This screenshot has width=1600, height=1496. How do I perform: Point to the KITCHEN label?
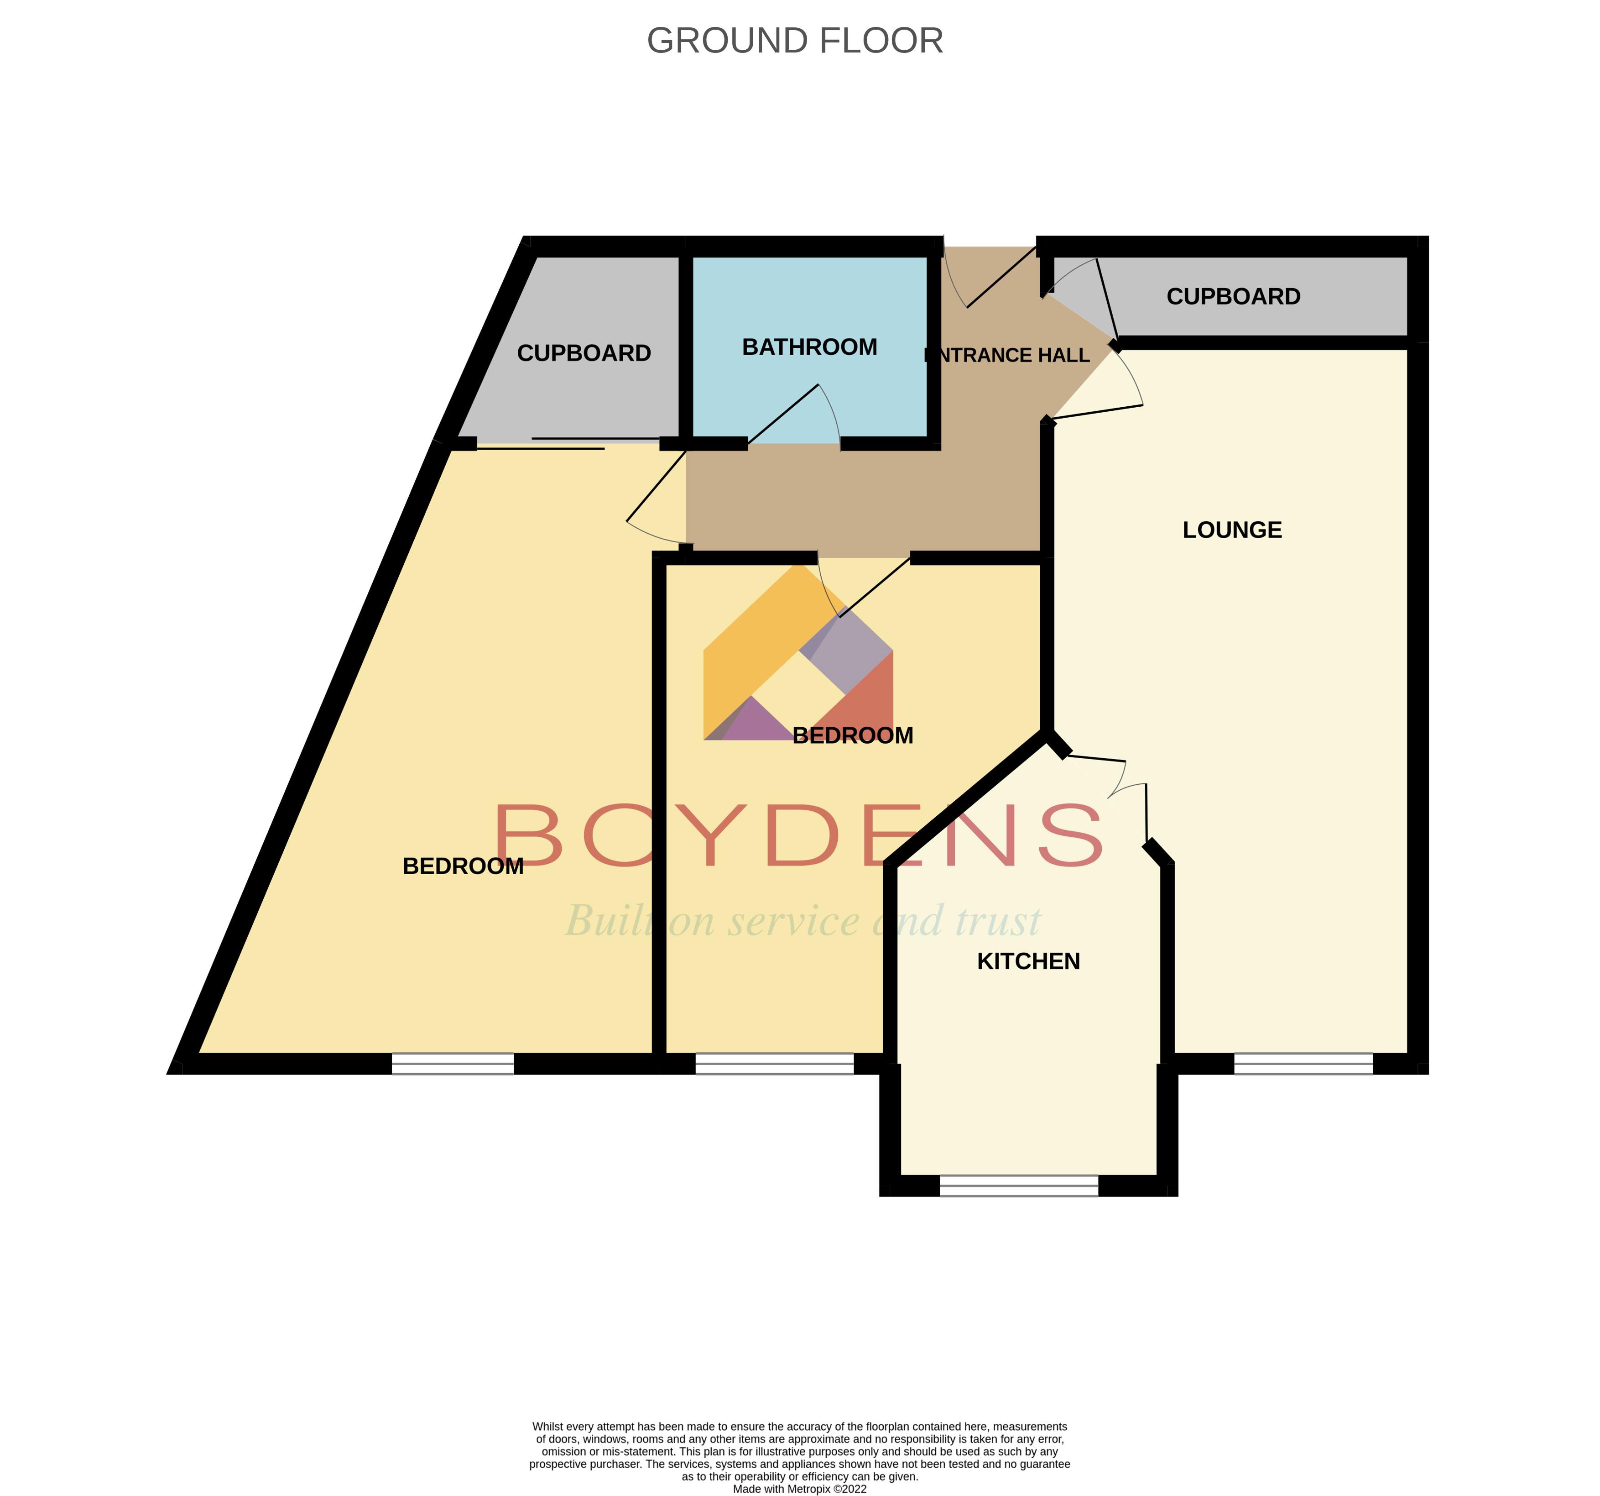point(1028,961)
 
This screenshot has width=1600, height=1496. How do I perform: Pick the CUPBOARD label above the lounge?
point(1233,296)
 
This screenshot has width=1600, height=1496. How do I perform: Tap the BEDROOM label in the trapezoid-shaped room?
point(463,866)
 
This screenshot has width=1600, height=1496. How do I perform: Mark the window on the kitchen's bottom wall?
point(1018,1185)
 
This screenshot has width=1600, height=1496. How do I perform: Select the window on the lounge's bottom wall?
point(1303,1064)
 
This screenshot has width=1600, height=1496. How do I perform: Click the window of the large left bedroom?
point(452,1064)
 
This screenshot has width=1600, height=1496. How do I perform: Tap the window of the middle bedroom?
point(774,1064)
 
